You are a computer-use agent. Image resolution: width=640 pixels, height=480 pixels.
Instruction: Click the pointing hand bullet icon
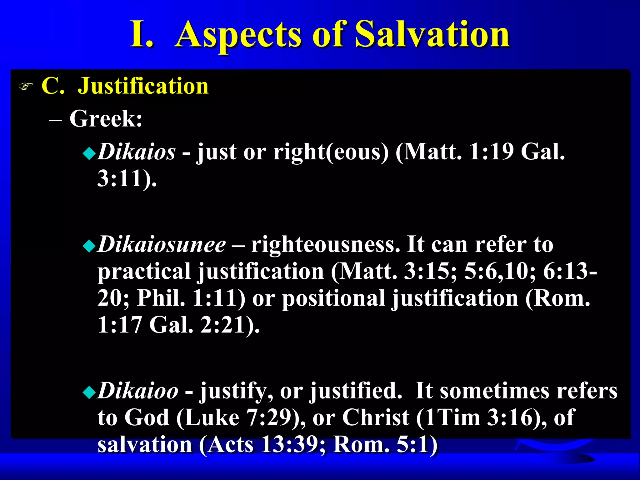pos(26,86)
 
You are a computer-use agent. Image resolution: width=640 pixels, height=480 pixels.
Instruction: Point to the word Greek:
pos(106,119)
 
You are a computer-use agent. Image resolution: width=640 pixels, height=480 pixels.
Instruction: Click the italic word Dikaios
pos(136,152)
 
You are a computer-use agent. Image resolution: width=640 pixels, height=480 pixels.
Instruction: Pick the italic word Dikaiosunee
pos(162,244)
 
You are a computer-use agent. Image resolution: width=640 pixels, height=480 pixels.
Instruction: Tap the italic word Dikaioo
pos(138,391)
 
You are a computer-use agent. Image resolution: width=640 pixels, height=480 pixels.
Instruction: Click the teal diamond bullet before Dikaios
pos(89,153)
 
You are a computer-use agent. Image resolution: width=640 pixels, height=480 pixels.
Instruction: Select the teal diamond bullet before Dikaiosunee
pos(89,246)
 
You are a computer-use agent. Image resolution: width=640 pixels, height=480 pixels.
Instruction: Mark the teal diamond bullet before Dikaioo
pos(89,392)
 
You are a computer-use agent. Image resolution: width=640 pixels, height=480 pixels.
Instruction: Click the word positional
pos(333,298)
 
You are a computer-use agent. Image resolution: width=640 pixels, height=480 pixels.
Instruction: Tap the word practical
pos(144,271)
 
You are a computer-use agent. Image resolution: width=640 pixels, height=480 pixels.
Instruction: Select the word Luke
pos(213,417)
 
